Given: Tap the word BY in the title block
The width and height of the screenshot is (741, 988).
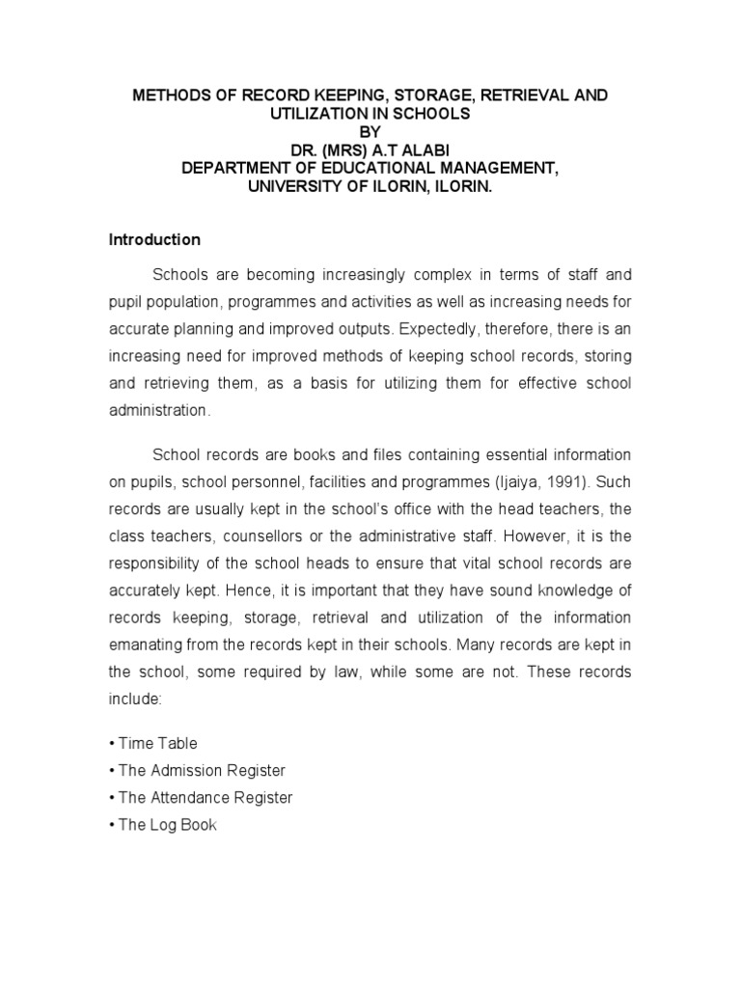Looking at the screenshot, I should (x=370, y=131).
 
